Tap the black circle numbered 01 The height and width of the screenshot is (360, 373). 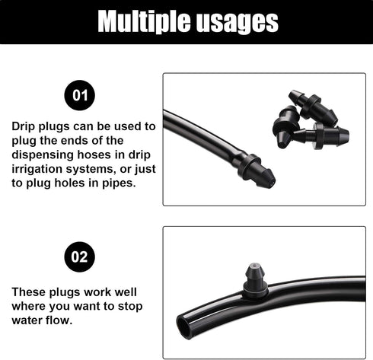click(x=80, y=97)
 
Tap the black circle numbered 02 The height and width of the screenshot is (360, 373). click(x=80, y=256)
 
